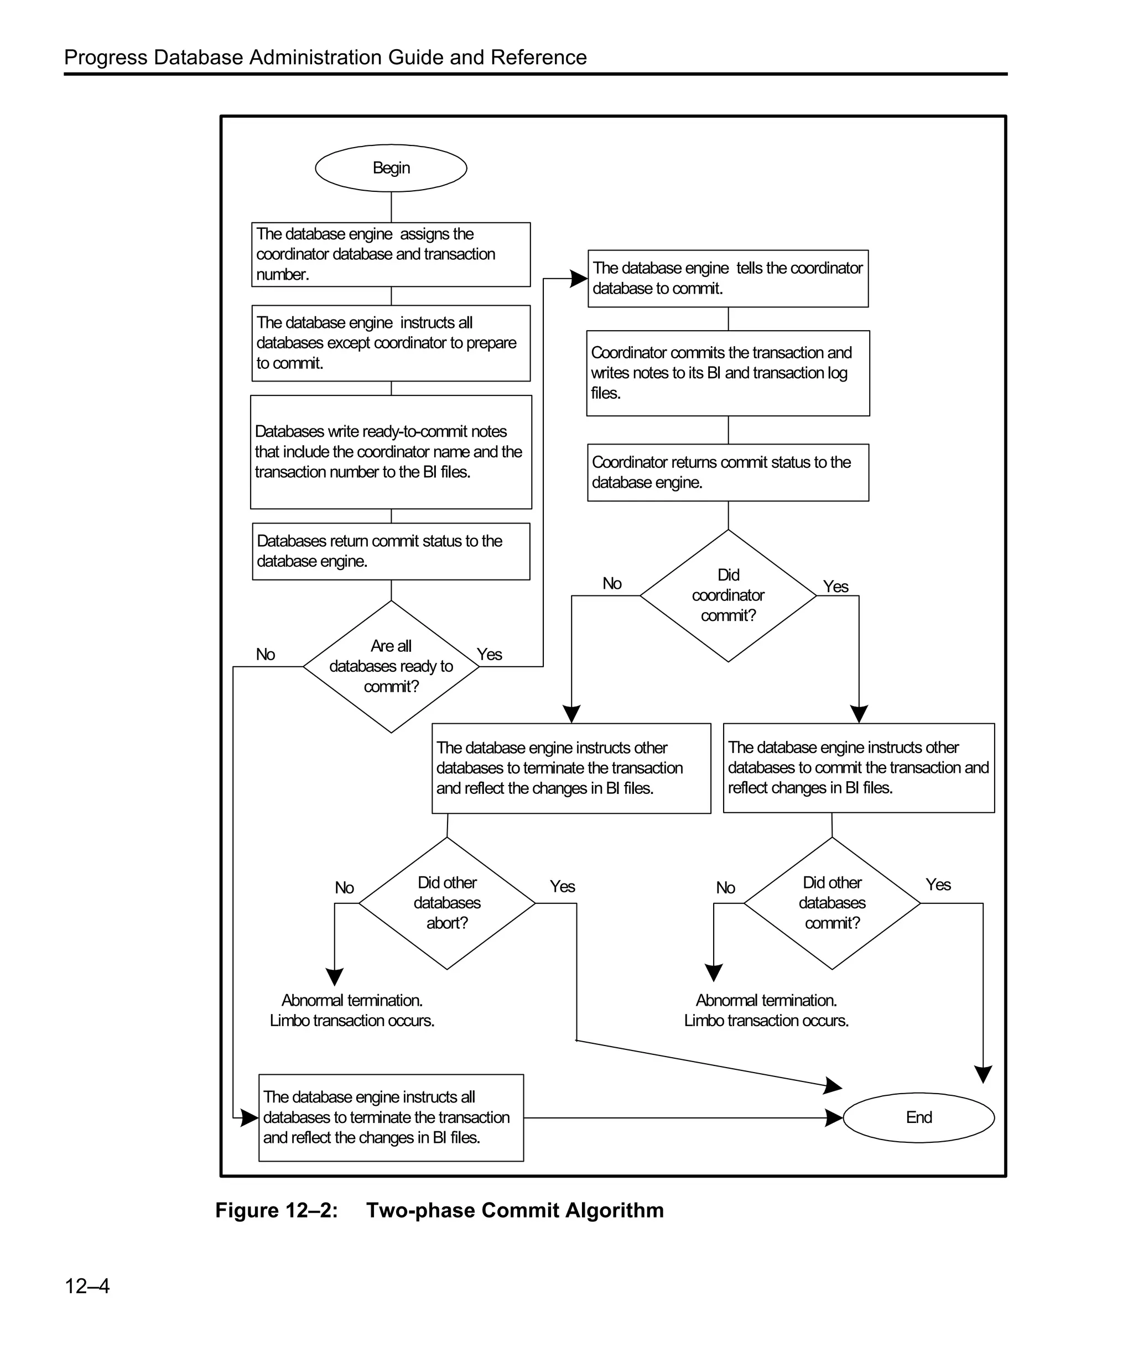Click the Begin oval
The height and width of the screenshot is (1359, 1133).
(x=391, y=168)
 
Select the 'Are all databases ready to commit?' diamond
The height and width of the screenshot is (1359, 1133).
(x=391, y=667)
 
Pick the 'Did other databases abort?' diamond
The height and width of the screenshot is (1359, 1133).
(x=446, y=903)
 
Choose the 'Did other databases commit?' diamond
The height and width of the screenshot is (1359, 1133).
(x=831, y=903)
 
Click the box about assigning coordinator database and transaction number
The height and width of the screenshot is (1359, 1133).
(x=391, y=254)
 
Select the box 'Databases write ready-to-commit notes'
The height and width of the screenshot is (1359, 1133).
(x=391, y=452)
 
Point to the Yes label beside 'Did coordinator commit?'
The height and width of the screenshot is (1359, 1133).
(x=835, y=586)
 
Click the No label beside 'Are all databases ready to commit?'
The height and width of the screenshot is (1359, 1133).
(x=266, y=654)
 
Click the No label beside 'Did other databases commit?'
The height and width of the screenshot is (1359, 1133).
(x=725, y=887)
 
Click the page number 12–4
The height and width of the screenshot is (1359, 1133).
(x=87, y=1286)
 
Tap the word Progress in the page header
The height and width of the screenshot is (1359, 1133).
(x=106, y=58)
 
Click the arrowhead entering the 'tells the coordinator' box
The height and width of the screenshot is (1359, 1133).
(x=579, y=279)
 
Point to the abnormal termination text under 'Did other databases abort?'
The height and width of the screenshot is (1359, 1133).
(x=351, y=1010)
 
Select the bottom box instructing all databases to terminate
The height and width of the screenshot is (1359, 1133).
(x=391, y=1117)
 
